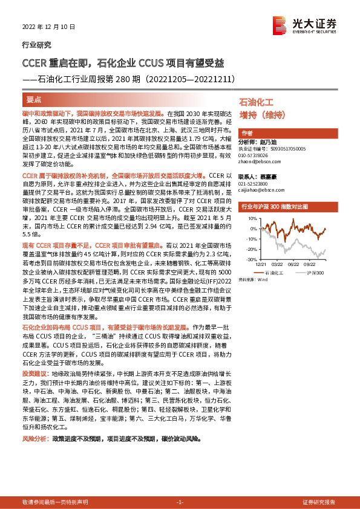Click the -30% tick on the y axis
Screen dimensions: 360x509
(x=247, y=259)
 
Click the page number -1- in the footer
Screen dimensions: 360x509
(x=179, y=502)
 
